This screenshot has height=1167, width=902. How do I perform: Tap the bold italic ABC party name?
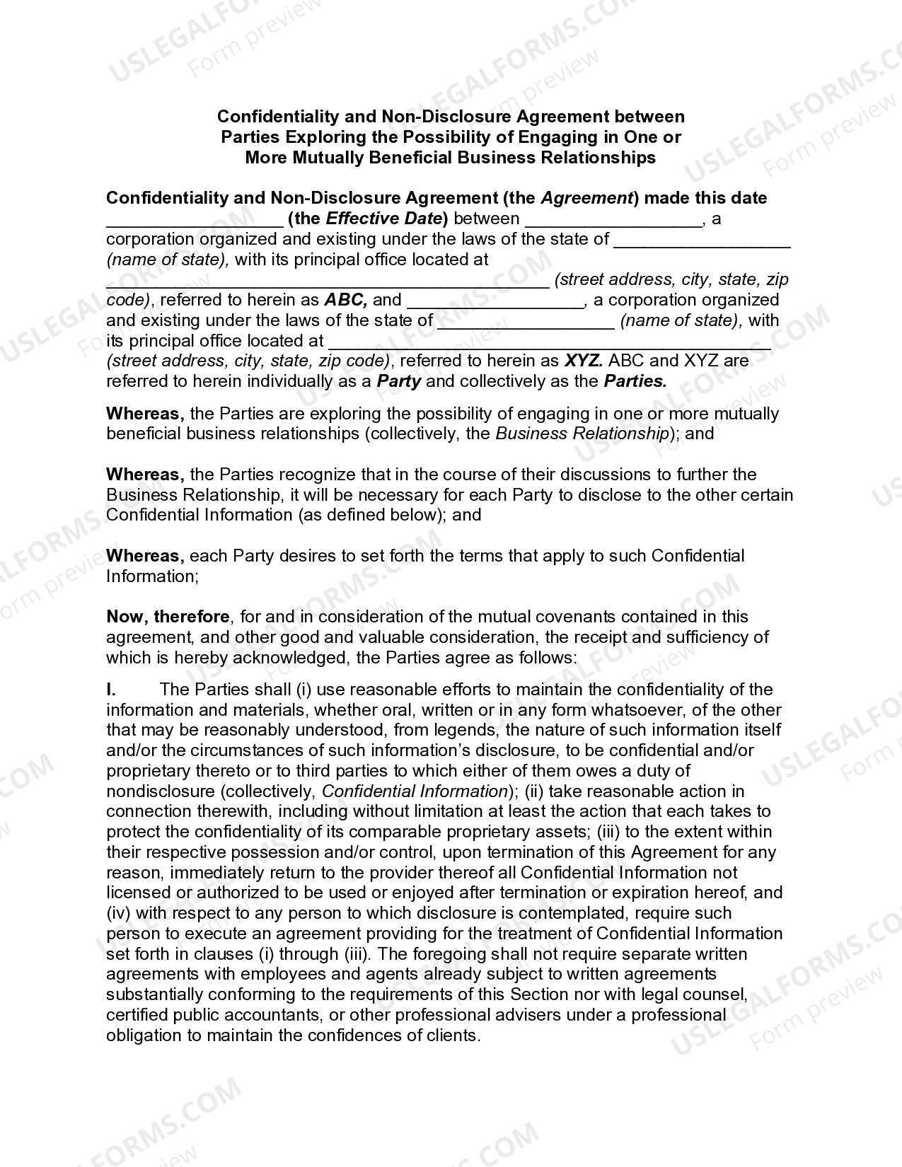pyautogui.click(x=345, y=300)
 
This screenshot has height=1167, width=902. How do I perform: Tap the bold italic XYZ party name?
pyautogui.click(x=583, y=361)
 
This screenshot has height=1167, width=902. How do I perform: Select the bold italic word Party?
pyautogui.click(x=399, y=381)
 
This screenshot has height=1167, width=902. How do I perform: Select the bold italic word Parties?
pyautogui.click(x=635, y=381)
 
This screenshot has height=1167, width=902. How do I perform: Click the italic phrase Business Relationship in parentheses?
pyautogui.click(x=582, y=434)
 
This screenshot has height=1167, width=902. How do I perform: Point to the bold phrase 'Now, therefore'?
pyautogui.click(x=168, y=617)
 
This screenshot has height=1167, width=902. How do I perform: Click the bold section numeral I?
pyautogui.click(x=111, y=690)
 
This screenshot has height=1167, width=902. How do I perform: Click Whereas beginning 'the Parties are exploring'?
pyautogui.click(x=145, y=414)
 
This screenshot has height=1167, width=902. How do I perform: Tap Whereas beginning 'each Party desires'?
pyautogui.click(x=145, y=556)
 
